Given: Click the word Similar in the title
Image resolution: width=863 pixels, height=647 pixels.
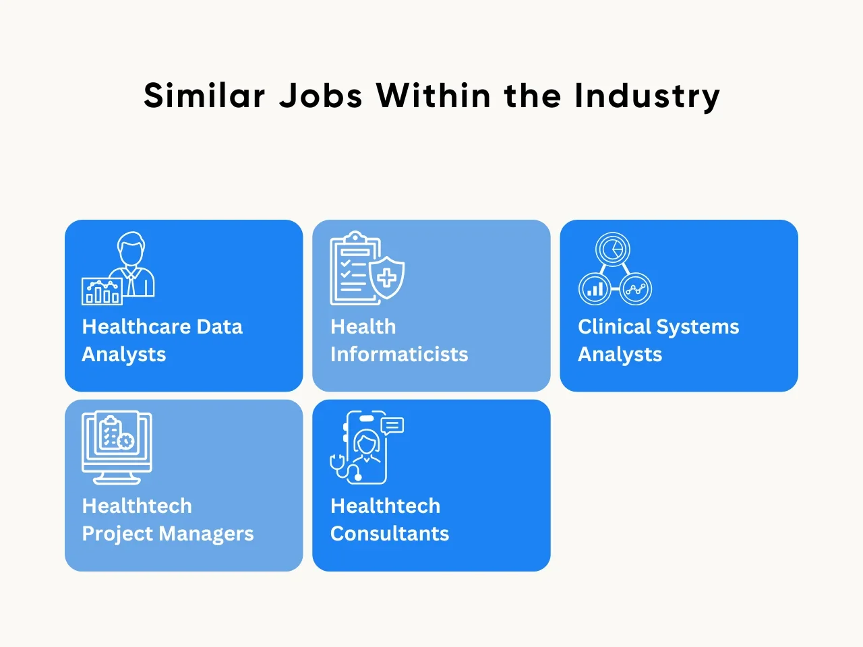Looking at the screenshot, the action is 204,95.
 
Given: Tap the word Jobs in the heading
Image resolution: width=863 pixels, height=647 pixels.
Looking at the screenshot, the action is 321,95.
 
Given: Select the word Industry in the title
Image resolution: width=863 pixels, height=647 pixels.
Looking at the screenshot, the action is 647,97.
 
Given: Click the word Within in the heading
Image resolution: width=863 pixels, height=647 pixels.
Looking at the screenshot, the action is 434,95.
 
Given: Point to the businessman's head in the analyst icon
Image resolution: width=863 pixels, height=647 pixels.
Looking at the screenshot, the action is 131,249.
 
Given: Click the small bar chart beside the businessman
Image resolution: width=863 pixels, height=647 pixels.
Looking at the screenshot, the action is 102,291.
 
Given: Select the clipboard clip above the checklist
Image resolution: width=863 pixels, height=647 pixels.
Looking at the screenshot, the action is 355,237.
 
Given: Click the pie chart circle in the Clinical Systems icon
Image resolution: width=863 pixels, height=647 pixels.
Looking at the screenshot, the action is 613,249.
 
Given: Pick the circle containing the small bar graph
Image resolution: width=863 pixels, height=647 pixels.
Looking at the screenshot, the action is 595,288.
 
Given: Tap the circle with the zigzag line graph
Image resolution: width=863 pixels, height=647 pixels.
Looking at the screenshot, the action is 635,288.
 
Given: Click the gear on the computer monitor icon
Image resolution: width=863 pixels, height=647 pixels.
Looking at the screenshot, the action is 126,441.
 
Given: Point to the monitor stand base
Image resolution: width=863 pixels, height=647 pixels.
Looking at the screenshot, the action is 117,481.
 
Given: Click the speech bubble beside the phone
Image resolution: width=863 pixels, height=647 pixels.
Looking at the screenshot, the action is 392,425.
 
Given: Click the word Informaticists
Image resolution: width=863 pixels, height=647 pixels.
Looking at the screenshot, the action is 399,354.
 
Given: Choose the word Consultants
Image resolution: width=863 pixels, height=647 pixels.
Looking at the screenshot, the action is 390,534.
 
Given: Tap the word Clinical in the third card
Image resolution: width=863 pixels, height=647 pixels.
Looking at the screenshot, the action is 614,326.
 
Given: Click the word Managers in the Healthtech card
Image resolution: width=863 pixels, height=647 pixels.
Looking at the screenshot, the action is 206,534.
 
